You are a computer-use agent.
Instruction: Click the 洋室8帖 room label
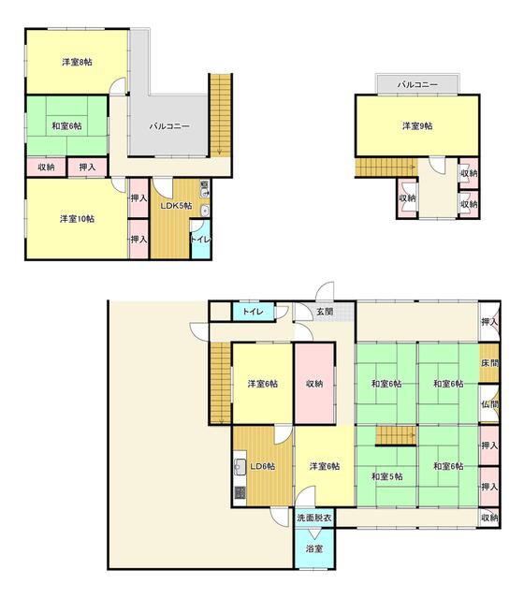click(x=78, y=63)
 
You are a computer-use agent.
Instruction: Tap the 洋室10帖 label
click(x=77, y=219)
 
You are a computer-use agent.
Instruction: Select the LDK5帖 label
click(x=175, y=206)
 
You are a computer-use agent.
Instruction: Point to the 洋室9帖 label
click(x=416, y=125)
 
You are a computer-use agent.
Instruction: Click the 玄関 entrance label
click(x=324, y=311)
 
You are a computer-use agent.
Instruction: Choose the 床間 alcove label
click(x=489, y=363)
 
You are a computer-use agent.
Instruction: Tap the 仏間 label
click(x=489, y=404)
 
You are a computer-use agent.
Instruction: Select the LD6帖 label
click(x=261, y=466)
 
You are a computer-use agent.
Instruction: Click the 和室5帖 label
click(x=386, y=476)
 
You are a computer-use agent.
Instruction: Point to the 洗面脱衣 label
click(x=313, y=517)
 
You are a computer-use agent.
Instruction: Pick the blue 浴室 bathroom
click(x=313, y=548)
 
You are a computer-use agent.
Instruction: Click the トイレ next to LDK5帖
click(x=201, y=240)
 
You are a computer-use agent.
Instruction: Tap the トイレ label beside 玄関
click(x=251, y=311)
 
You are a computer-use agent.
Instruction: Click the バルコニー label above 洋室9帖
click(x=416, y=85)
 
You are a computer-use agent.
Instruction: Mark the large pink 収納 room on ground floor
click(x=314, y=384)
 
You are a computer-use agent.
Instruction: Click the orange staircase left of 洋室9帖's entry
click(x=385, y=166)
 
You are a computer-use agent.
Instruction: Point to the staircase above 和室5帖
click(x=396, y=436)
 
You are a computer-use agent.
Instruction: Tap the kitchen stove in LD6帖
click(x=239, y=490)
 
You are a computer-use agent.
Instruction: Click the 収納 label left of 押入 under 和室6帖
click(x=46, y=167)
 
